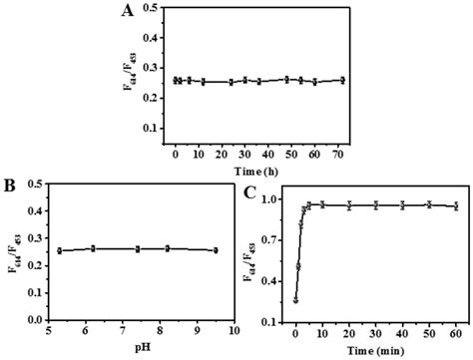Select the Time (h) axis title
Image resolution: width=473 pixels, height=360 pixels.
[x=258, y=170]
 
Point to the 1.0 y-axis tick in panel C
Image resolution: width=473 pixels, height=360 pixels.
[x=274, y=199]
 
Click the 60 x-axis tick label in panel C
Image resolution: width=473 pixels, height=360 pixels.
[x=455, y=333]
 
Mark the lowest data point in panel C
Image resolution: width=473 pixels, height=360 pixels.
[x=295, y=298]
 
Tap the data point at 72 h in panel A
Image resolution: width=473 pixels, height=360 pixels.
[x=342, y=80]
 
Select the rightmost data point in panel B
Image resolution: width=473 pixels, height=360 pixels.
[x=215, y=250]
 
